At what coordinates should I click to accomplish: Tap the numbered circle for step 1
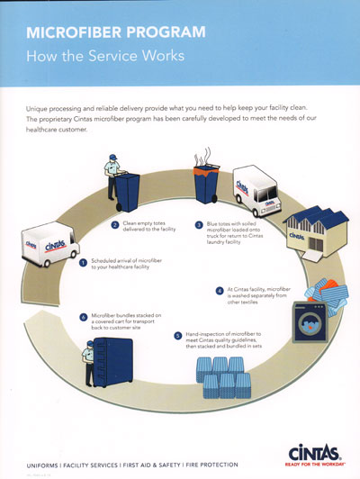[84, 263]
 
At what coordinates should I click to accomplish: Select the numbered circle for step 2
[115, 224]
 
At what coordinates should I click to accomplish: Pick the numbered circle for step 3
[198, 224]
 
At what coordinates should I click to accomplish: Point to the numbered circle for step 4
[219, 291]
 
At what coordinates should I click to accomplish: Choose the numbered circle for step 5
[177, 336]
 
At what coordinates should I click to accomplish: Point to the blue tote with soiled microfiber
[205, 187]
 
